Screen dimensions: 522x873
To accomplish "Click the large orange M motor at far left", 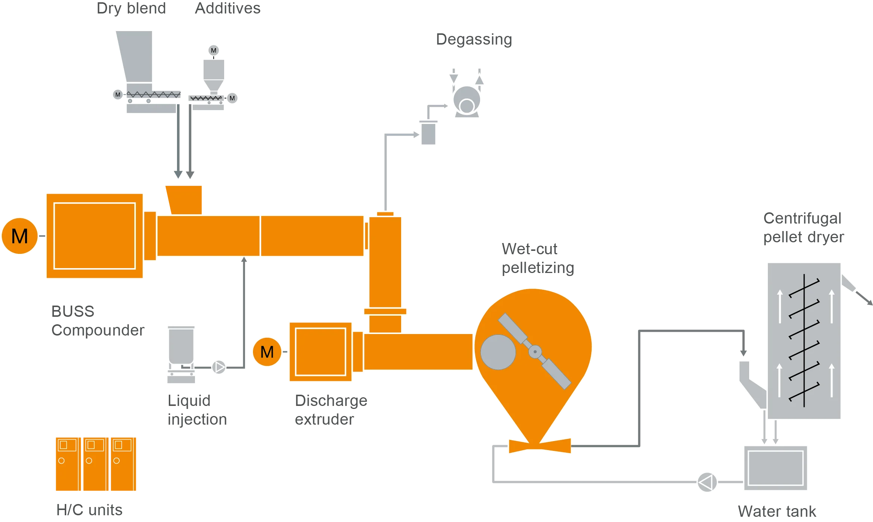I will [20, 236].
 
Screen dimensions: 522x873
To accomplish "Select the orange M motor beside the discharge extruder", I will [267, 352].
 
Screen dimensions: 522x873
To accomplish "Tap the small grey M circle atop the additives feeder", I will [214, 50].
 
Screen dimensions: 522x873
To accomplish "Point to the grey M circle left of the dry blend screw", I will [118, 94].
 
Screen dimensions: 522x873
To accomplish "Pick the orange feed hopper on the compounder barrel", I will [184, 199].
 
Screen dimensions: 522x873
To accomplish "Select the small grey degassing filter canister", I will [428, 133].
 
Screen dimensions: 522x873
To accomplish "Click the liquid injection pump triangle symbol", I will [219, 367].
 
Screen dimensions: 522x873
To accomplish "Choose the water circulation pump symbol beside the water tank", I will [707, 482].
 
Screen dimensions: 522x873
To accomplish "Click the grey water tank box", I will [775, 468].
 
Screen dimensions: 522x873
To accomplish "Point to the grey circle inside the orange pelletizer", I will [498, 352].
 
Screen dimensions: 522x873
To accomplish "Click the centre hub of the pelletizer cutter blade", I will [535, 352].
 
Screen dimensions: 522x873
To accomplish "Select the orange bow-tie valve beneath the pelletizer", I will [540, 446].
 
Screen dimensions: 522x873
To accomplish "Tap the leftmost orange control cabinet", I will [66, 464].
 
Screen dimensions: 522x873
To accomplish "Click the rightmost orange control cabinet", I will [122, 464].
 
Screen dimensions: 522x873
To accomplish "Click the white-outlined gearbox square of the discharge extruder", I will [320, 352].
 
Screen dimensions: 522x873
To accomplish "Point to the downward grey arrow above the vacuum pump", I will [454, 76].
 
